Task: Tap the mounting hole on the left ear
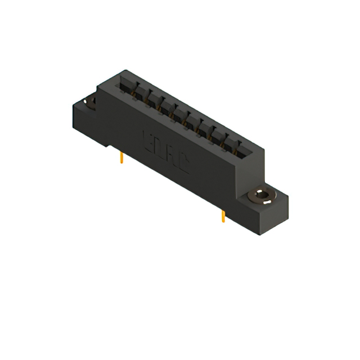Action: pyautogui.click(x=90, y=102)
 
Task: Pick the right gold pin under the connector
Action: pyautogui.click(x=223, y=215)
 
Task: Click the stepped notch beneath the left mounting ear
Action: pyautogui.click(x=111, y=146)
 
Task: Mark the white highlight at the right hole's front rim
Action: pyautogui.click(x=259, y=201)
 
